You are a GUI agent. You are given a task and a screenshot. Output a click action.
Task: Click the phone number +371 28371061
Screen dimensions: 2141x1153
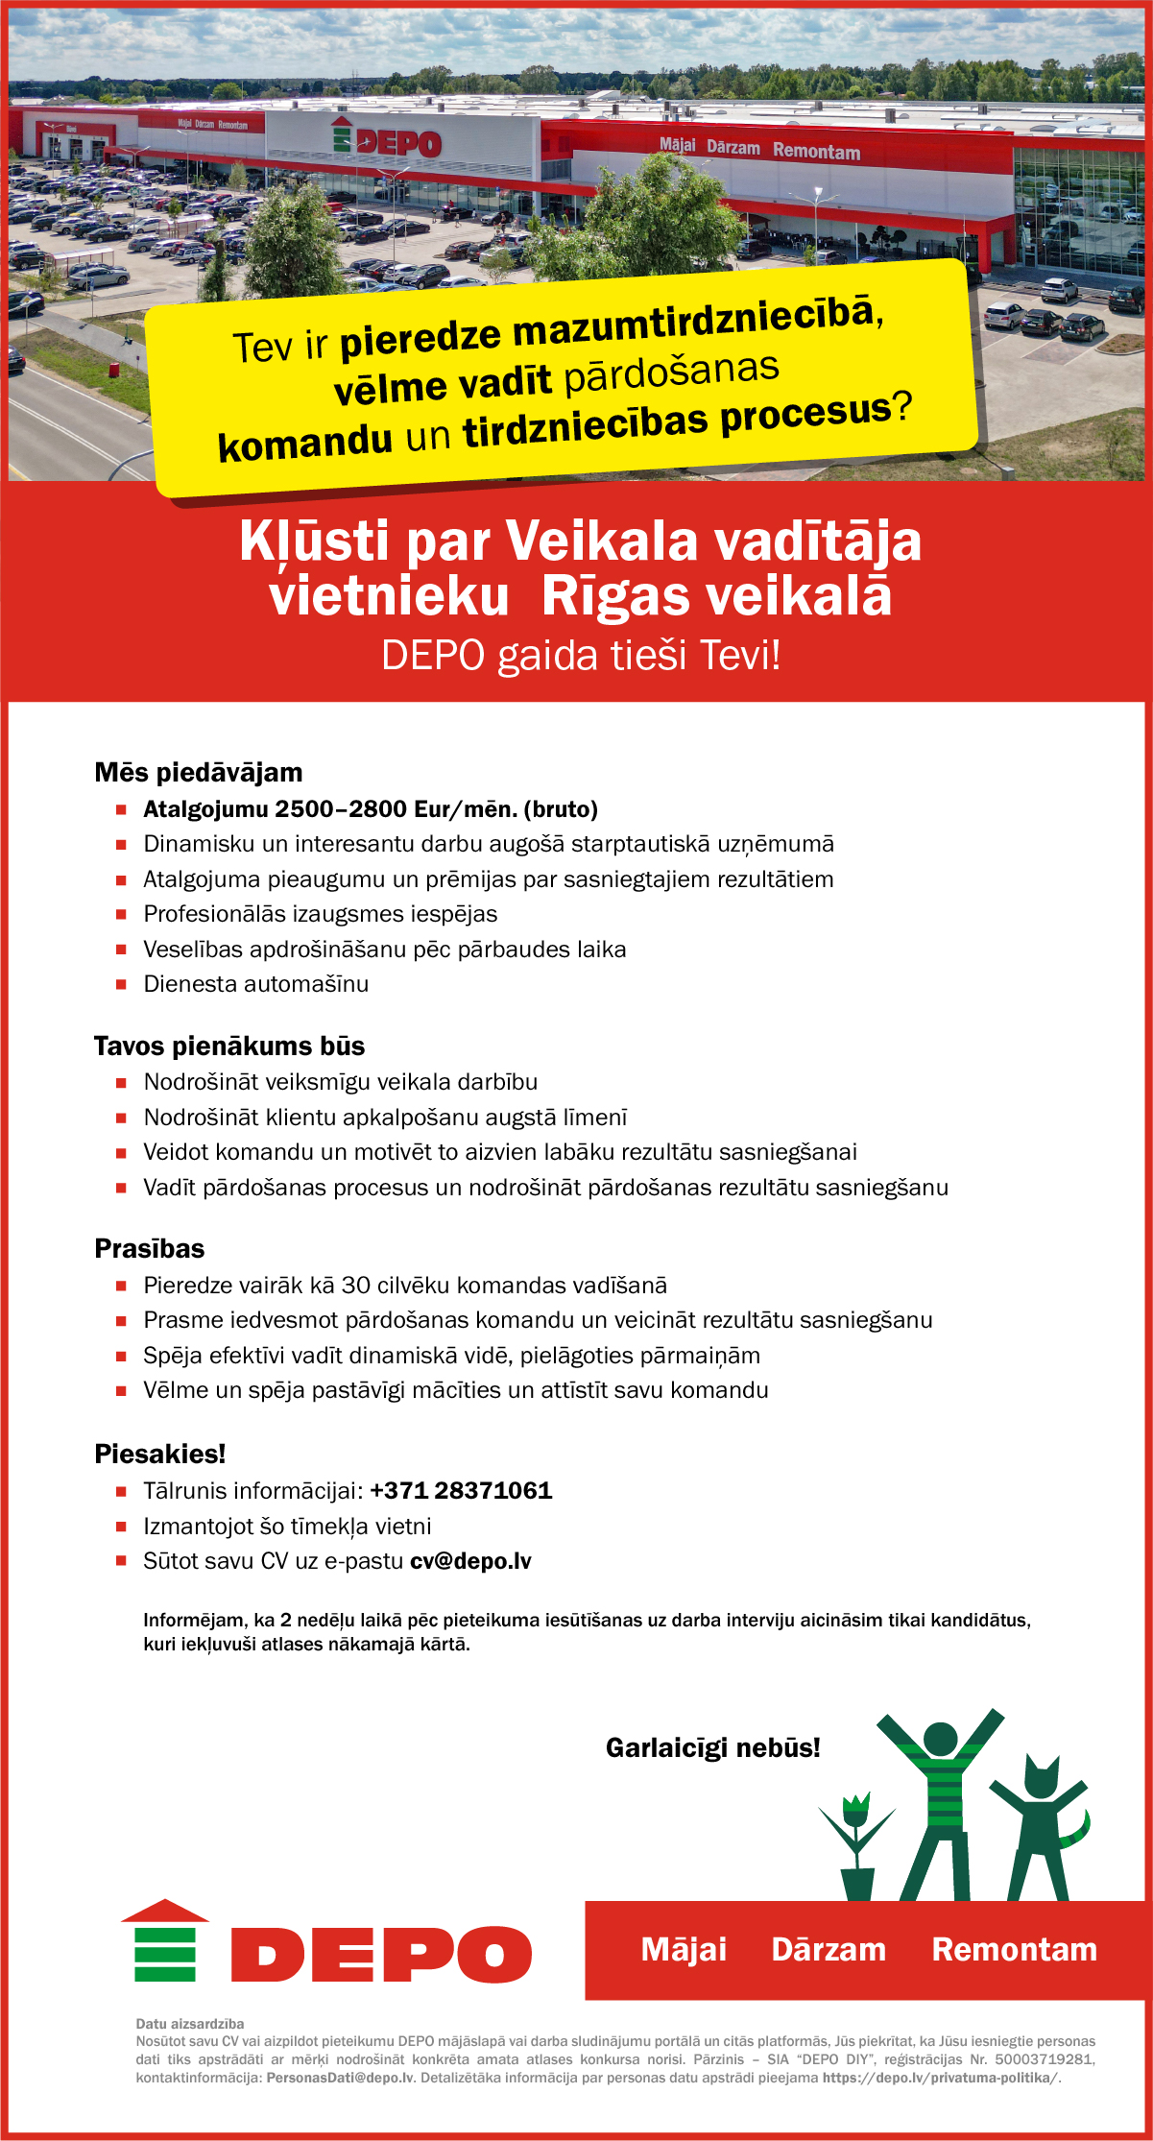click(x=461, y=1491)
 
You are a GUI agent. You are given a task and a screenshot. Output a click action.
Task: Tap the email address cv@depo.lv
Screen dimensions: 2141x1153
click(x=470, y=1561)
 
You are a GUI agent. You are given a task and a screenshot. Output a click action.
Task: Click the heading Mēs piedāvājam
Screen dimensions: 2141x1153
click(x=199, y=773)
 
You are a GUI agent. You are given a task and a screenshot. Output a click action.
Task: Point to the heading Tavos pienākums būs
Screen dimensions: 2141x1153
click(x=229, y=1046)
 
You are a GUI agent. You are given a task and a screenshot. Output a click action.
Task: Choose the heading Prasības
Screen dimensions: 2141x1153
click(x=150, y=1249)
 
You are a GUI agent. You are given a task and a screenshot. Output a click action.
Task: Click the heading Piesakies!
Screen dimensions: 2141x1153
click(x=160, y=1455)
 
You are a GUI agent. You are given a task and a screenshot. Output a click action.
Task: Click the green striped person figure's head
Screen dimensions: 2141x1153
click(x=940, y=1738)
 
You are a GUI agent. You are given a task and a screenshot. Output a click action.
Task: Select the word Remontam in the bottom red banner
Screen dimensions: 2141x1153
click(x=1014, y=1950)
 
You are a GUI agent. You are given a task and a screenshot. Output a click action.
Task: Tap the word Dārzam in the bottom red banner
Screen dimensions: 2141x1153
click(x=829, y=1950)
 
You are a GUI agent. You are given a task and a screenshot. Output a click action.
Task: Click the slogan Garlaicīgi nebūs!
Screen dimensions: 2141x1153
click(x=713, y=1747)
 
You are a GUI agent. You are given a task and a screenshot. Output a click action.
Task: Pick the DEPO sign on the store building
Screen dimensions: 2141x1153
click(x=388, y=142)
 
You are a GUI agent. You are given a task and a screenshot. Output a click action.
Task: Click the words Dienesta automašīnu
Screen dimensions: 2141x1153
click(x=256, y=984)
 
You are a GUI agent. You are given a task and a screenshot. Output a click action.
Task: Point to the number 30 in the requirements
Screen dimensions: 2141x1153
click(x=356, y=1286)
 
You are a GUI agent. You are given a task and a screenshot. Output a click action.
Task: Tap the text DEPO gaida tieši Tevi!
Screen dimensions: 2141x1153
click(x=581, y=656)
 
